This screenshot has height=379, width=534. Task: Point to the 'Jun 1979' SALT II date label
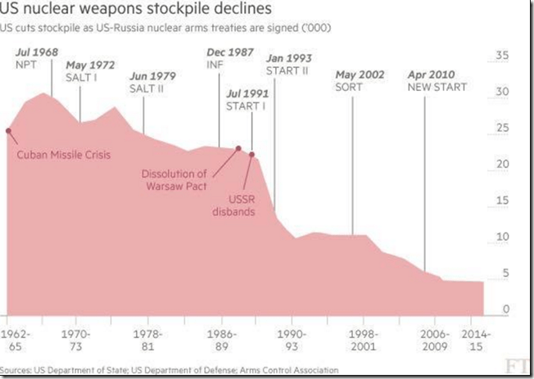tap(153, 76)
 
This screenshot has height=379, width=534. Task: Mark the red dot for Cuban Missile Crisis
tap(8, 130)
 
